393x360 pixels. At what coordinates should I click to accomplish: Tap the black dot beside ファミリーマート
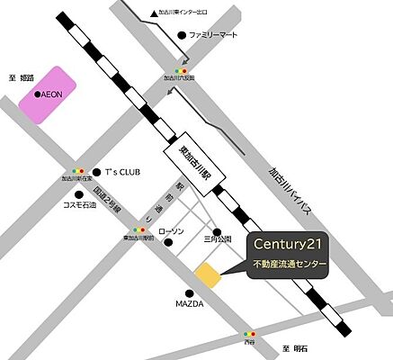182,35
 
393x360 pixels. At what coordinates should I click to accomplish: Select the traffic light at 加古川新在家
76,170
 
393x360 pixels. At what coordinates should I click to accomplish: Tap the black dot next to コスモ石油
81,193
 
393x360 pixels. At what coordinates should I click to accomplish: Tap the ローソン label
171,232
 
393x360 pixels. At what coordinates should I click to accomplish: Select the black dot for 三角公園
216,231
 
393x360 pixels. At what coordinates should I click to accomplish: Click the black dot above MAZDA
190,292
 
